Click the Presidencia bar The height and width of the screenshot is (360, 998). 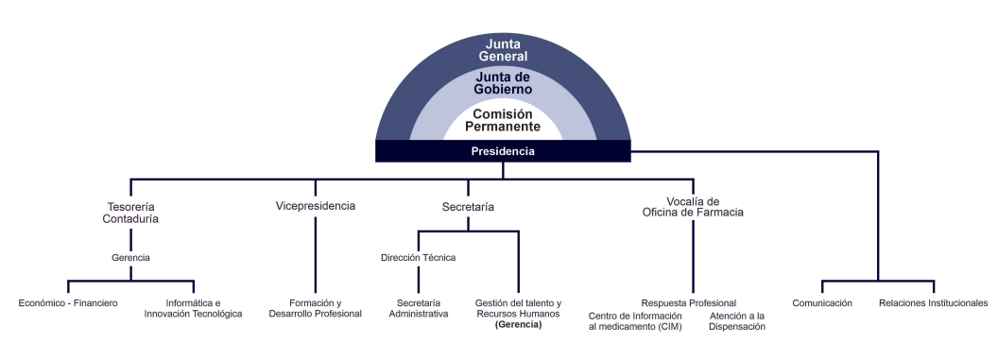click(x=503, y=151)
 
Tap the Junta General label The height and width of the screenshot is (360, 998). click(x=503, y=50)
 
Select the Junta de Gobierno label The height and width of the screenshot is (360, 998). click(x=503, y=83)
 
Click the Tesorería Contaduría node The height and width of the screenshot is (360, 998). click(x=130, y=213)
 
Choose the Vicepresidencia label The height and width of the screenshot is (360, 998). click(x=316, y=206)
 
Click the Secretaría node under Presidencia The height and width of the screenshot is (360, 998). click(x=468, y=206)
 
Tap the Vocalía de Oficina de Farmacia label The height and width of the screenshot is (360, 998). click(x=693, y=207)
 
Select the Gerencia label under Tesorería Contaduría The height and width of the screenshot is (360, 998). click(x=130, y=257)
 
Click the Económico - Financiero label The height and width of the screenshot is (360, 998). click(x=68, y=303)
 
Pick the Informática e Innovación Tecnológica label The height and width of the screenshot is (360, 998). click(x=194, y=308)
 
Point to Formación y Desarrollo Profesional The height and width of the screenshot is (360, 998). click(x=316, y=308)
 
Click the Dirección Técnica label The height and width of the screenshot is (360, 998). click(x=418, y=257)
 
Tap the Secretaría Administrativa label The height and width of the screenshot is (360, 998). click(x=419, y=308)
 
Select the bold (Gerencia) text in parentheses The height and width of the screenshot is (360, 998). click(x=518, y=324)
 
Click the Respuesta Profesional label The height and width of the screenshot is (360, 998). click(x=689, y=302)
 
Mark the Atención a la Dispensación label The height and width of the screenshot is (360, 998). click(x=737, y=320)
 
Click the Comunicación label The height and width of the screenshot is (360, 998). click(x=822, y=303)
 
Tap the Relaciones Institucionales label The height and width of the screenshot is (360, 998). click(x=933, y=303)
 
